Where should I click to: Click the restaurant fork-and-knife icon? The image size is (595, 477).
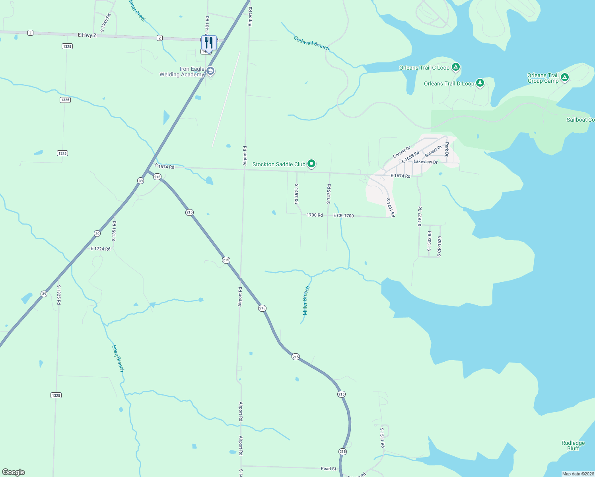tap(209, 43)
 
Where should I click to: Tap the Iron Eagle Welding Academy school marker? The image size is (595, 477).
tap(210, 71)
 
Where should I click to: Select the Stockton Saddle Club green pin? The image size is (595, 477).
tap(311, 163)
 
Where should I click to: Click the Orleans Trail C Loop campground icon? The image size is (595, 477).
tap(456, 67)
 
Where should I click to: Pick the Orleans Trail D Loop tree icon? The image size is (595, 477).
tap(480, 83)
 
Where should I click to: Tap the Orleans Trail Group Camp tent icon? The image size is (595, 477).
tap(564, 78)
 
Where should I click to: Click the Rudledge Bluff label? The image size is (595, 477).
tap(573, 446)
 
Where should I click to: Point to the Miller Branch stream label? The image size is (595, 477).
tap(305, 300)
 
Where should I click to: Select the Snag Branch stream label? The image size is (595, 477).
tap(118, 358)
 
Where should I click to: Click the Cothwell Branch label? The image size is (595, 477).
tap(311, 43)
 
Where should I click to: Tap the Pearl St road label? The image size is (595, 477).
tap(329, 469)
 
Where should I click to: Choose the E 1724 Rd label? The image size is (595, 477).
tap(101, 249)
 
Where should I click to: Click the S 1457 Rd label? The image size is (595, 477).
tap(296, 194)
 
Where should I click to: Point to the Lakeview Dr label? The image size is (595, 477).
tap(426, 162)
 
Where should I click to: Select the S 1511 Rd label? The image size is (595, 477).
tap(382, 438)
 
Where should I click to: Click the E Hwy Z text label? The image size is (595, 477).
tap(87, 35)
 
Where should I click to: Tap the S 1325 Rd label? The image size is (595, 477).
tap(59, 295)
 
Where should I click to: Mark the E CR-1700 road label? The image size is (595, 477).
tap(344, 216)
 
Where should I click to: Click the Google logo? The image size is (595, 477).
tap(14, 472)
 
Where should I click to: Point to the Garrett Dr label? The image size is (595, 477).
tap(401, 152)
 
